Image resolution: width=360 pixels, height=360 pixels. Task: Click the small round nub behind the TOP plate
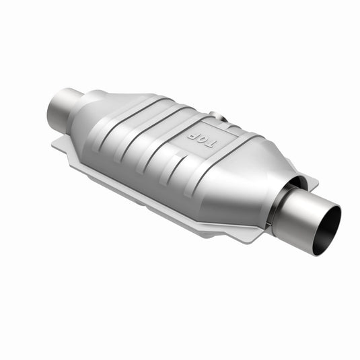pyautogui.click(x=214, y=116)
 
